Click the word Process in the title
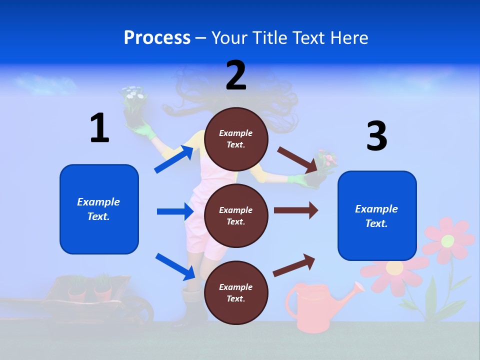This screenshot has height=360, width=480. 157,37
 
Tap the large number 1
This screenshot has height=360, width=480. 99,128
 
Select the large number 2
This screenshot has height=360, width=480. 236,75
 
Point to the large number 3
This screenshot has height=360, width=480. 376,136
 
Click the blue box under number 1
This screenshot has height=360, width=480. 99,209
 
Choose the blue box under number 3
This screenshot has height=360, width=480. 377,215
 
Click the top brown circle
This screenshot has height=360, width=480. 236,139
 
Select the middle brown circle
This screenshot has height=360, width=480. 236,215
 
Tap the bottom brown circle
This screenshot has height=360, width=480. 236,292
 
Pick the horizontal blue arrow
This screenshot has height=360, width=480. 174,211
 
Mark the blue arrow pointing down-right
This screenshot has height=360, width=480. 175,266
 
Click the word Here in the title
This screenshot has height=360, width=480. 349,37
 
